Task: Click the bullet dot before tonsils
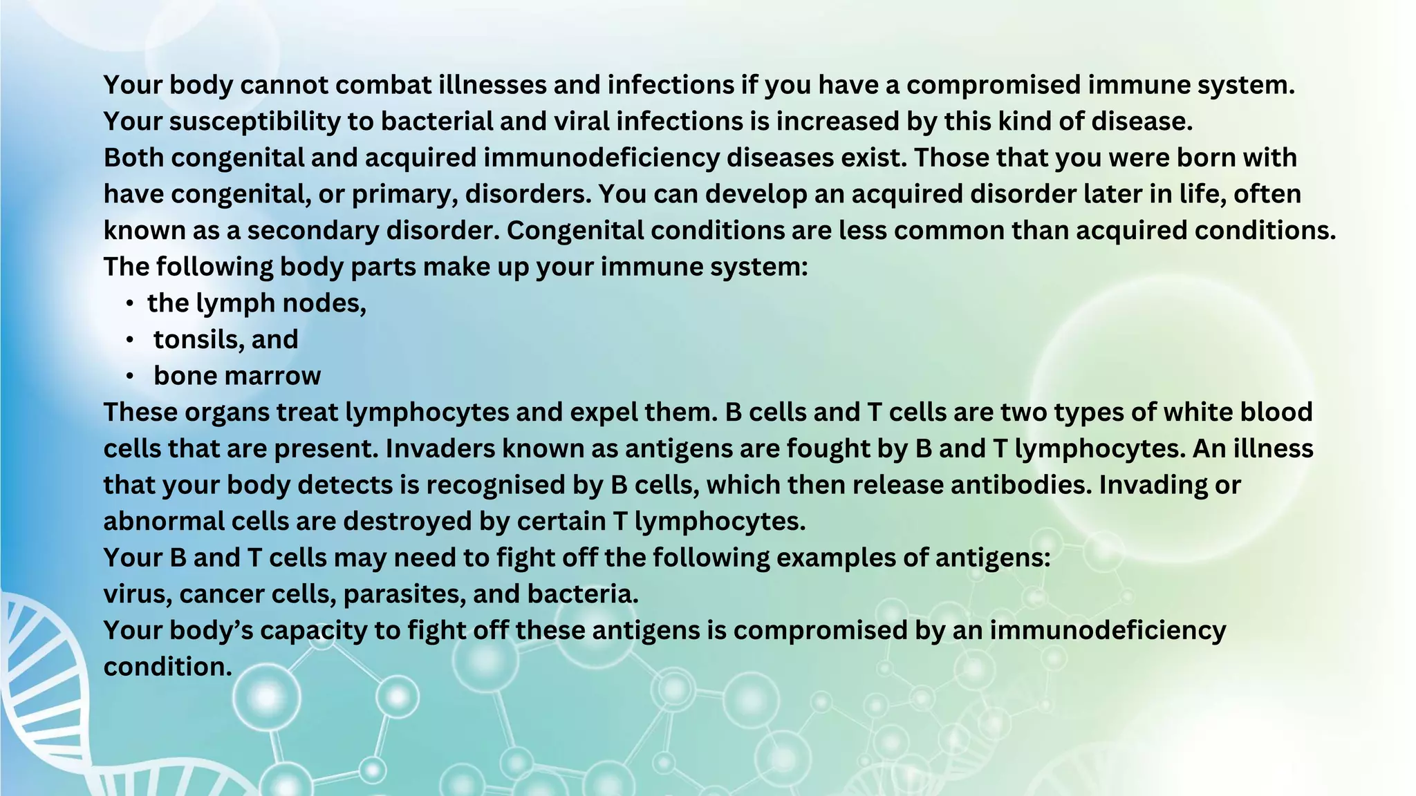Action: point(129,340)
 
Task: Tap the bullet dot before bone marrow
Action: point(129,377)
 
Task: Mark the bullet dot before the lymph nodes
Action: point(129,303)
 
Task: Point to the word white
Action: point(1198,413)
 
